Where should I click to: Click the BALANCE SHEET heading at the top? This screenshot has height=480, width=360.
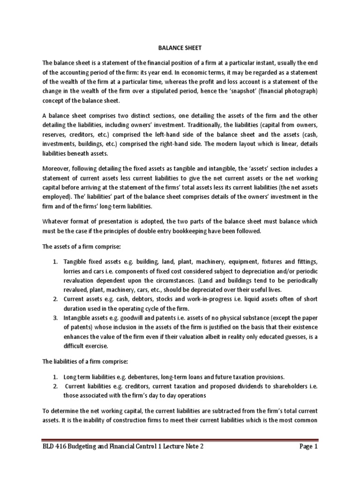180,47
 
